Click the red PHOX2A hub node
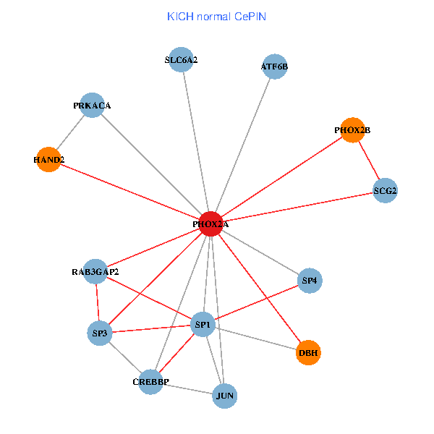pyautogui.click(x=210, y=224)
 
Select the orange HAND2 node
pyautogui.click(x=49, y=159)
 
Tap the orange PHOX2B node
pyautogui.click(x=352, y=130)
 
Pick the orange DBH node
pyautogui.click(x=309, y=352)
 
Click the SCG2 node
pyautogui.click(x=385, y=190)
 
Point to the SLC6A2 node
pyautogui.click(x=181, y=59)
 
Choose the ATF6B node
pyautogui.click(x=274, y=67)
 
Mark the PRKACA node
pyautogui.click(x=92, y=106)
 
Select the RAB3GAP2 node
pyautogui.click(x=95, y=271)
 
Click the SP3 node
pyautogui.click(x=100, y=333)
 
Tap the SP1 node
pyautogui.click(x=203, y=325)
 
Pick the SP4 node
pyautogui.click(x=310, y=280)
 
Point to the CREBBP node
pyautogui.click(x=150, y=381)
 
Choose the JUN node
pyautogui.click(x=225, y=396)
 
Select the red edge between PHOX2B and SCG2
pyautogui.click(x=368, y=160)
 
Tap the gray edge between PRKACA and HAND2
pyautogui.click(x=71, y=132)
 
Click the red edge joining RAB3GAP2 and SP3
pyautogui.click(x=98, y=302)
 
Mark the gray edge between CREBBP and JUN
pyautogui.click(x=188, y=388)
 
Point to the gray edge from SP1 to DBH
pyautogui.click(x=255, y=339)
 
